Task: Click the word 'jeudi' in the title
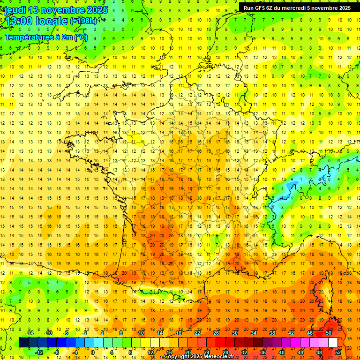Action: coord(15,10)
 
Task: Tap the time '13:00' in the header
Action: coord(18,21)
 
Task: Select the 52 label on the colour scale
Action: coord(338,352)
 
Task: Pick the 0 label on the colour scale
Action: coord(92,352)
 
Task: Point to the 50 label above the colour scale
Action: coord(329,333)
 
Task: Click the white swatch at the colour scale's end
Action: coord(333,343)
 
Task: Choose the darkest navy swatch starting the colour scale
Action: coord(23,343)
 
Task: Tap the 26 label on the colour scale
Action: coord(216,333)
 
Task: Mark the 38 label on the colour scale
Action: coord(272,333)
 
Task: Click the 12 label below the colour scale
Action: coord(150,352)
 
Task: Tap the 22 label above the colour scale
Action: coord(197,333)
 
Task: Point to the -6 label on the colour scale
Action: coord(66,333)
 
